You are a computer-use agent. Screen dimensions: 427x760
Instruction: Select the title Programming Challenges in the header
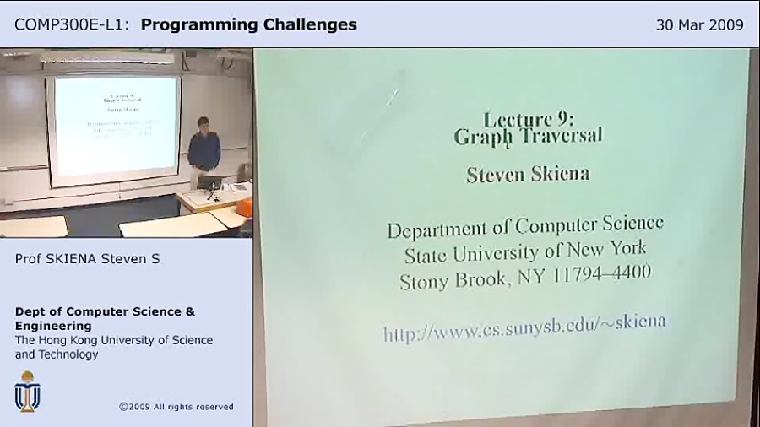(248, 24)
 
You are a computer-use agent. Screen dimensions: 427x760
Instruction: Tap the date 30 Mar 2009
(699, 24)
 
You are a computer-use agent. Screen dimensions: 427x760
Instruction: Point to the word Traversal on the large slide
(558, 136)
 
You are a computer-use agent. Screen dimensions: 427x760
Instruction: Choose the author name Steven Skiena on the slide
(528, 175)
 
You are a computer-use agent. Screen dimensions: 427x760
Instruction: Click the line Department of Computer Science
(524, 227)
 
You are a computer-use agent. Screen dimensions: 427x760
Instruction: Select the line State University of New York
(524, 251)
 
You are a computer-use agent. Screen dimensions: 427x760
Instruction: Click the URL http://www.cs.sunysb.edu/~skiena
(524, 328)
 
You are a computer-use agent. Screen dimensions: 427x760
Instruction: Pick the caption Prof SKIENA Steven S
(87, 259)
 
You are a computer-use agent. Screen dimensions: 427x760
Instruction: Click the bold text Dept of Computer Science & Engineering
(104, 318)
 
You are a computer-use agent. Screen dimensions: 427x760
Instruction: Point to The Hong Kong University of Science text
(113, 340)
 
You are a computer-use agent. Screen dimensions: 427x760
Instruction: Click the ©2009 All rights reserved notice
(176, 407)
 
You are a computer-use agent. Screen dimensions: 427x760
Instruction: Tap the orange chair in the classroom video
(245, 207)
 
